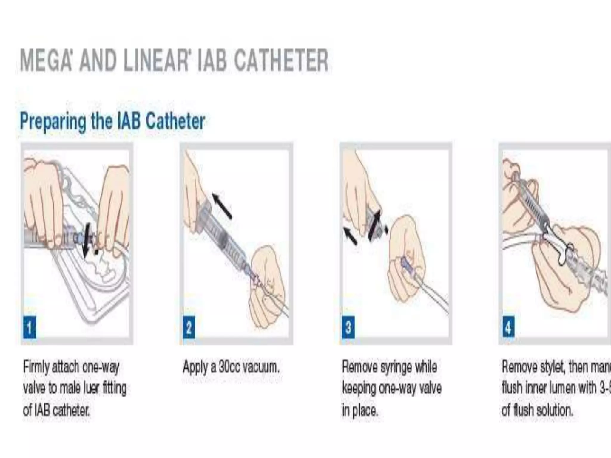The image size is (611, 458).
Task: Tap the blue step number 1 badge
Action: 30,327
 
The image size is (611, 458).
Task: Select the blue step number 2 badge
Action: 189,327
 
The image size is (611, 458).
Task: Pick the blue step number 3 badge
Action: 348,327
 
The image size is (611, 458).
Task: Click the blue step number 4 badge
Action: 508,327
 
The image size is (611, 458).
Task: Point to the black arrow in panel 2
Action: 222,206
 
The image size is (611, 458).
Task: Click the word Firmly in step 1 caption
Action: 36,367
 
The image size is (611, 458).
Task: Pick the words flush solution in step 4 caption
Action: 543,410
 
